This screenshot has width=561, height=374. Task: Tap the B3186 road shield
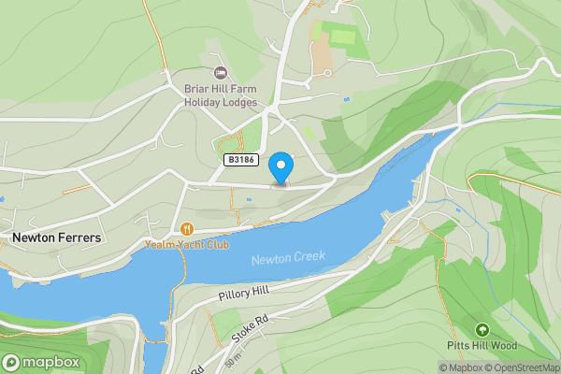tap(241, 161)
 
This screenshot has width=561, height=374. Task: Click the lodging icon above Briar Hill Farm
tap(221, 73)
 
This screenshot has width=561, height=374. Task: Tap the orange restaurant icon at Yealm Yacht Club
tap(187, 228)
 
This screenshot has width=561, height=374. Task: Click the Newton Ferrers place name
tap(56, 238)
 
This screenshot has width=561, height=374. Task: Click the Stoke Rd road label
tap(252, 327)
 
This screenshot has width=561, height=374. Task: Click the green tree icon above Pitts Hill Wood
tap(482, 330)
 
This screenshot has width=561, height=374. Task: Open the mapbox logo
tap(42, 363)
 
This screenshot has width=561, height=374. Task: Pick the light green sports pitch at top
tap(342, 37)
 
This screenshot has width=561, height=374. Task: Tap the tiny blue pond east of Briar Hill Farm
tap(347, 98)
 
